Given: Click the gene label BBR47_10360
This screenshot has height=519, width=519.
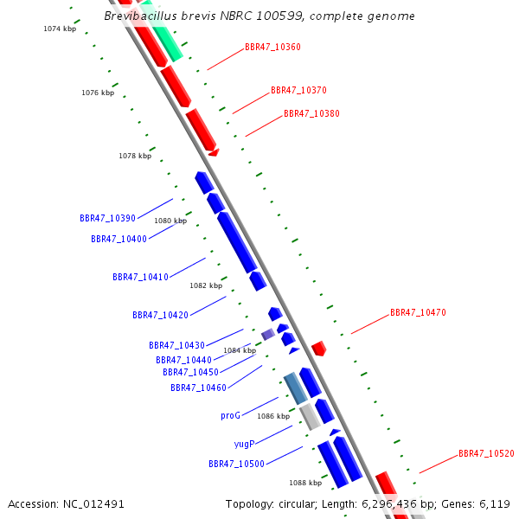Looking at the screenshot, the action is coord(272,47).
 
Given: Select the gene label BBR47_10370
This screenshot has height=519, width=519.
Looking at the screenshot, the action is coord(298,90).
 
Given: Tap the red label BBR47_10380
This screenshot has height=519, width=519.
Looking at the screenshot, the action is coord(311,113).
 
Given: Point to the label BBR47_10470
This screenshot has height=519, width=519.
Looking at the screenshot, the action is coord(418,312).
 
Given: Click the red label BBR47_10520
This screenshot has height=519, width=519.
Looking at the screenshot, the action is coord(486,453).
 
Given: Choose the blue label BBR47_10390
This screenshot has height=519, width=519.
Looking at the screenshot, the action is coord(107,218).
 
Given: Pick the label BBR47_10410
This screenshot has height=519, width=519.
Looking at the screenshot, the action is coord(140,277).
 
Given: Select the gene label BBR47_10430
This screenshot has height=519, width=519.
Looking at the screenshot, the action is coord(176,345).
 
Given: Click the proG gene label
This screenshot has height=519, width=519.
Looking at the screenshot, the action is coord(230,415).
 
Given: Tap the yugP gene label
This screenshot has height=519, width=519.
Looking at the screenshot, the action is coord(244,444).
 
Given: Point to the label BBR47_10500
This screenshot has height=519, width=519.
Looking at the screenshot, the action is coord(236,464).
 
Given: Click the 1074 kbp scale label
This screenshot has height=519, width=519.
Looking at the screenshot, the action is coord(60,29).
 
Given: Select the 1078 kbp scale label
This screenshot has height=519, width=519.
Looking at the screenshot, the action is coord(135,156).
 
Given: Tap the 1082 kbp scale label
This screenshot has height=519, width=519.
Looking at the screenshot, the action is coord(206,285).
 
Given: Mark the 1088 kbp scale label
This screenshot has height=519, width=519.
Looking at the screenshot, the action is coord(305,483).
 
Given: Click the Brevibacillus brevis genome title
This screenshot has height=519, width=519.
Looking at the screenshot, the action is coord(259,16).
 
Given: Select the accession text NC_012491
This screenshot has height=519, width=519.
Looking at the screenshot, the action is coord(67,503).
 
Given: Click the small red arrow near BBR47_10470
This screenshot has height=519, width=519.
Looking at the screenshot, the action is coord(318,348).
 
